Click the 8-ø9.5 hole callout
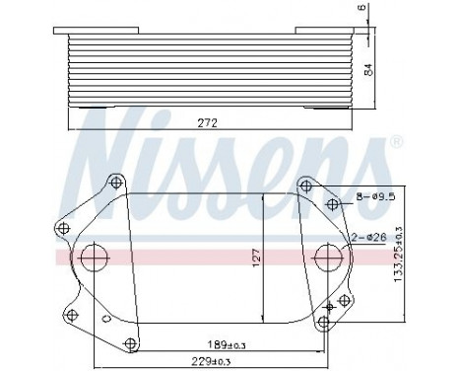pyautogui.click(x=375, y=197)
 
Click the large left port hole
pyautogui.click(x=95, y=259)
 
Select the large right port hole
pyautogui.click(x=326, y=260)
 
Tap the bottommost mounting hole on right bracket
pyautogui.click(x=325, y=320)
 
